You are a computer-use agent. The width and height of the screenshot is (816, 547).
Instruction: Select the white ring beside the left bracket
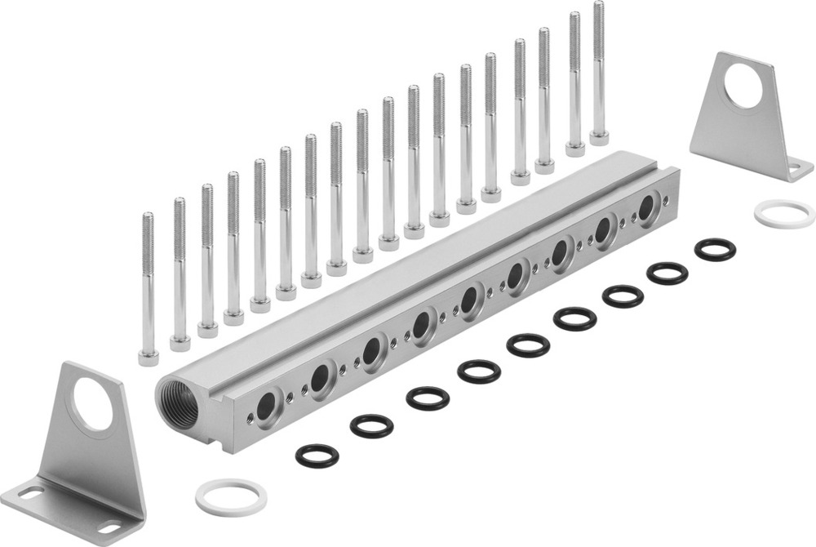pyautogui.click(x=231, y=496)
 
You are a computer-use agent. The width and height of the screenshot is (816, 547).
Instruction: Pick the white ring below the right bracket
pyautogui.click(x=784, y=214)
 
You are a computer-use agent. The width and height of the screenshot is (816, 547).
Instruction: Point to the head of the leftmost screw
pyautogui.click(x=148, y=357)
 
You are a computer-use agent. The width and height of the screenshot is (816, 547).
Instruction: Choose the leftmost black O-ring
pyautogui.click(x=317, y=456)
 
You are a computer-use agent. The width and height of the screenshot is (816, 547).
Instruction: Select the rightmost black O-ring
pyautogui.click(x=716, y=250)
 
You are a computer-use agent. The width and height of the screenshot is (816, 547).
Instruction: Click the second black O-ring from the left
pyautogui.click(x=372, y=425)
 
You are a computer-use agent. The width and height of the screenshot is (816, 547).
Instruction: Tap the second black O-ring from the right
pyautogui.click(x=667, y=273)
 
